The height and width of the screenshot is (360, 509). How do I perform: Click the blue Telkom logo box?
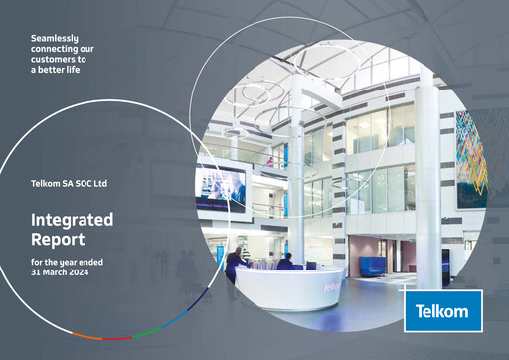pos(442,310)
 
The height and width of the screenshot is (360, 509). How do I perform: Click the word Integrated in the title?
pos(73,220)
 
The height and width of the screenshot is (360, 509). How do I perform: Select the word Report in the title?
pos(58,239)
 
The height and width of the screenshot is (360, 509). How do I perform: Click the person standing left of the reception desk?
pos(233,265)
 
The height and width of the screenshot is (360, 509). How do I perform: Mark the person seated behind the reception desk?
pos(285,262)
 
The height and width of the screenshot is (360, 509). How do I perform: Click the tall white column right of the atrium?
pos(427,179)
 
